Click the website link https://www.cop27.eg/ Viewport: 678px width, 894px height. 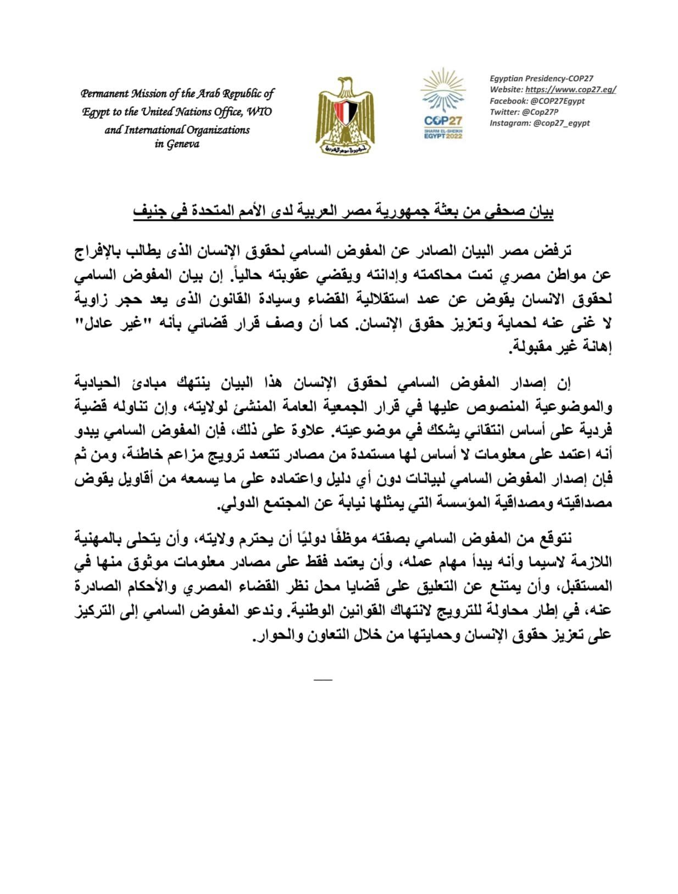coord(570,90)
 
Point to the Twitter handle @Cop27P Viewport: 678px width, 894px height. coord(542,111)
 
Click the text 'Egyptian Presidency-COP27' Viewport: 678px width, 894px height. coord(541,79)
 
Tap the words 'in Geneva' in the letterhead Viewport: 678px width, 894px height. coord(177,144)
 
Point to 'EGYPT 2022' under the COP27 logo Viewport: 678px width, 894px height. coord(443,136)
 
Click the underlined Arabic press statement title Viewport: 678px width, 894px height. coord(343,211)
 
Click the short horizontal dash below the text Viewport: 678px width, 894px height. coord(323,680)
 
